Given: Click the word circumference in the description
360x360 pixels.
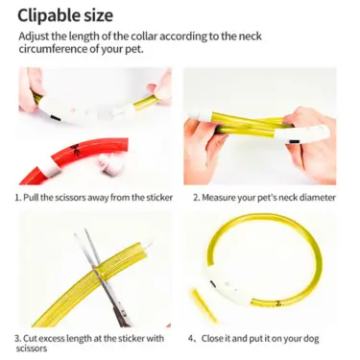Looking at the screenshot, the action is pos(52,50).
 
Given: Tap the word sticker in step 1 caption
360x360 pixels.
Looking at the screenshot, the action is pos(159,197).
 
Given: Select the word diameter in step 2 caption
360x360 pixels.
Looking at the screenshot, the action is pos(317,198).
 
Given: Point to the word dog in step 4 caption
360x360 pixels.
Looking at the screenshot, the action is pos(311,339).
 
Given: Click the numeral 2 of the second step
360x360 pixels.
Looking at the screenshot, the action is pos(196,198).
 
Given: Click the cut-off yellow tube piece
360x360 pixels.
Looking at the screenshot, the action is pos(203,304).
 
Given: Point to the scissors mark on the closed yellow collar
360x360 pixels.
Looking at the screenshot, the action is pos(279,301).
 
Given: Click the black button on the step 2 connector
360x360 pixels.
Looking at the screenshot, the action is pos(295,141).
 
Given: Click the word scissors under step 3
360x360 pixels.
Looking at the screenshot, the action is pos(32,348).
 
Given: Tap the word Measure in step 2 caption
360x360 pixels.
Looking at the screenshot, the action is pos(219,198).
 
